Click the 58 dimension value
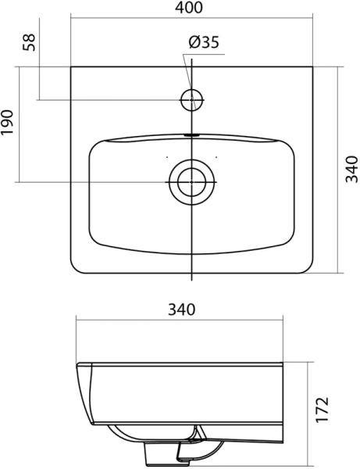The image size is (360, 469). click(x=30, y=41)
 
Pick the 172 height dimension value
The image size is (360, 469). click(x=323, y=409)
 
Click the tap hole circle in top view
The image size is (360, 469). click(x=191, y=99)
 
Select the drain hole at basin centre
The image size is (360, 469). click(x=191, y=181)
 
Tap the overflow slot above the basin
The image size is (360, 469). click(x=191, y=134)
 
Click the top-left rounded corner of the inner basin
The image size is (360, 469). click(x=94, y=146)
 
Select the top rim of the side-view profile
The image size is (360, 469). click(x=180, y=364)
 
